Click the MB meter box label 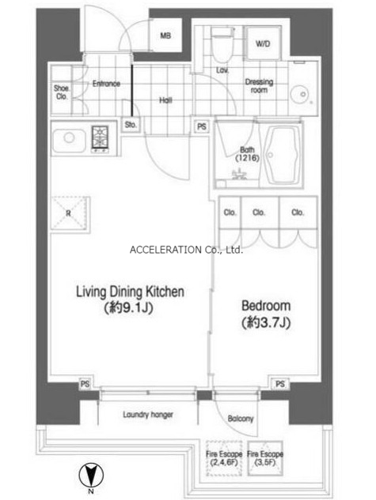165,36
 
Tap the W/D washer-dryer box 263,43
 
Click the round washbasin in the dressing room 299,94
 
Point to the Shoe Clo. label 61,92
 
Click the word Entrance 106,84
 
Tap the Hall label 165,100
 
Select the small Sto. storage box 131,124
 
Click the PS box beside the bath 202,126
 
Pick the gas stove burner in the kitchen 100,137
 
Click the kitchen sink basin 69,140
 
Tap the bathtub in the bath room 280,156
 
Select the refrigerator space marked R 70,212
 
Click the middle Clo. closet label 258,212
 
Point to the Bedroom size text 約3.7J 266,323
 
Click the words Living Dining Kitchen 130,291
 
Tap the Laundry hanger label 148,415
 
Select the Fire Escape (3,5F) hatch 265,458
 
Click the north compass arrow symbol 91,476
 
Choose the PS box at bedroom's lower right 280,383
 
